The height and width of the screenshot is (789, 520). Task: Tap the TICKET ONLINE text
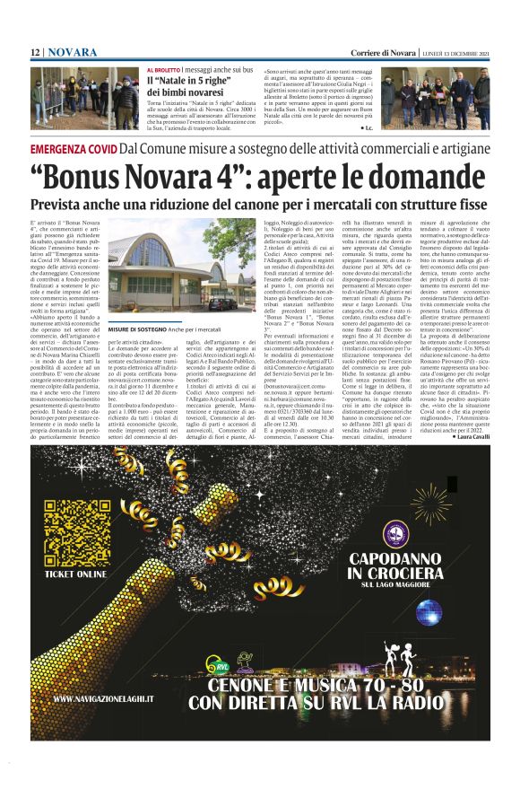pyautogui.click(x=75, y=573)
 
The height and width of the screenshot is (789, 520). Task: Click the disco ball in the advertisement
pyautogui.click(x=428, y=611)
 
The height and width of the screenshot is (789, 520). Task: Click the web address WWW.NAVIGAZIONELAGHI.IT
pyautogui.click(x=103, y=697)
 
